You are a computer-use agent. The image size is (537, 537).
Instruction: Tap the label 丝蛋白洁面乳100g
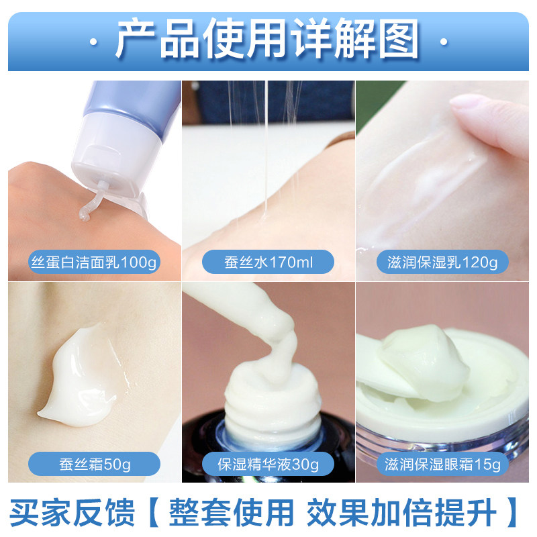click(94, 261)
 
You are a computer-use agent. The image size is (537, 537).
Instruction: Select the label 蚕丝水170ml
click(268, 261)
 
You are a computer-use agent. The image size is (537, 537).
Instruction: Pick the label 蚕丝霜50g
click(94, 464)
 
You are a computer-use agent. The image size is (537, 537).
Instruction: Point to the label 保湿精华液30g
click(268, 464)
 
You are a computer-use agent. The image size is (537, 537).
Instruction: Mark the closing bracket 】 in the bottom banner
click(513, 512)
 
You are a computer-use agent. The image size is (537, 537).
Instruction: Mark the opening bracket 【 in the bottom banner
click(148, 512)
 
